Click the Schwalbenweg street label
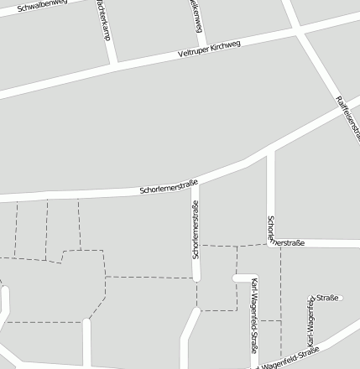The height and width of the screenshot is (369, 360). point(42,8)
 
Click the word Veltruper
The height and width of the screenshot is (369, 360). point(195,52)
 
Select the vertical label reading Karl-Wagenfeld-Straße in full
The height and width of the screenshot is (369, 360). point(254,316)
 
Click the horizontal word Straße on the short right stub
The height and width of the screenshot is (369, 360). point(327,298)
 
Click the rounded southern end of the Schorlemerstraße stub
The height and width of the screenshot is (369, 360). point(196,277)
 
